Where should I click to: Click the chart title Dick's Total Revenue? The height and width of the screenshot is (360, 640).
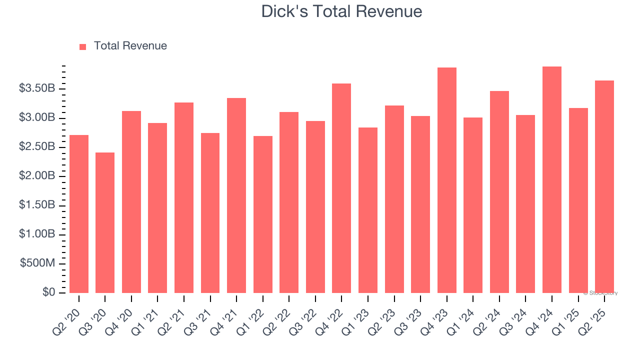(x=341, y=11)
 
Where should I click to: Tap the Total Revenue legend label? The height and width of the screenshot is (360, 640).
(x=130, y=46)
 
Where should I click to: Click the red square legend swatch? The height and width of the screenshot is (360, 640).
(x=83, y=46)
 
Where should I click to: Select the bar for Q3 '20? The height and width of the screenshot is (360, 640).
(x=105, y=222)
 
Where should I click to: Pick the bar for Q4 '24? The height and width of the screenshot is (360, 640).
(x=552, y=179)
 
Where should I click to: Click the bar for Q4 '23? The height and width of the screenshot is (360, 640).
(x=447, y=180)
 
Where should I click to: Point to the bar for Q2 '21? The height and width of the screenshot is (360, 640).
(x=184, y=197)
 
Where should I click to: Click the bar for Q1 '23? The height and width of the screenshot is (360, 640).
(x=368, y=210)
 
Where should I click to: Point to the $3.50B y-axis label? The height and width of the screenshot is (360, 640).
(x=37, y=88)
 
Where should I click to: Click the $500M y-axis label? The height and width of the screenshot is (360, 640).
(x=37, y=263)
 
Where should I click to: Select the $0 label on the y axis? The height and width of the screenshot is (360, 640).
(x=48, y=292)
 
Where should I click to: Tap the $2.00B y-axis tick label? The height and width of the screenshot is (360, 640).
(x=37, y=176)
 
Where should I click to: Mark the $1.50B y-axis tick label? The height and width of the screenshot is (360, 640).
(x=37, y=205)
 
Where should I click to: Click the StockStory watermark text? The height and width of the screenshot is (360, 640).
(x=600, y=293)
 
